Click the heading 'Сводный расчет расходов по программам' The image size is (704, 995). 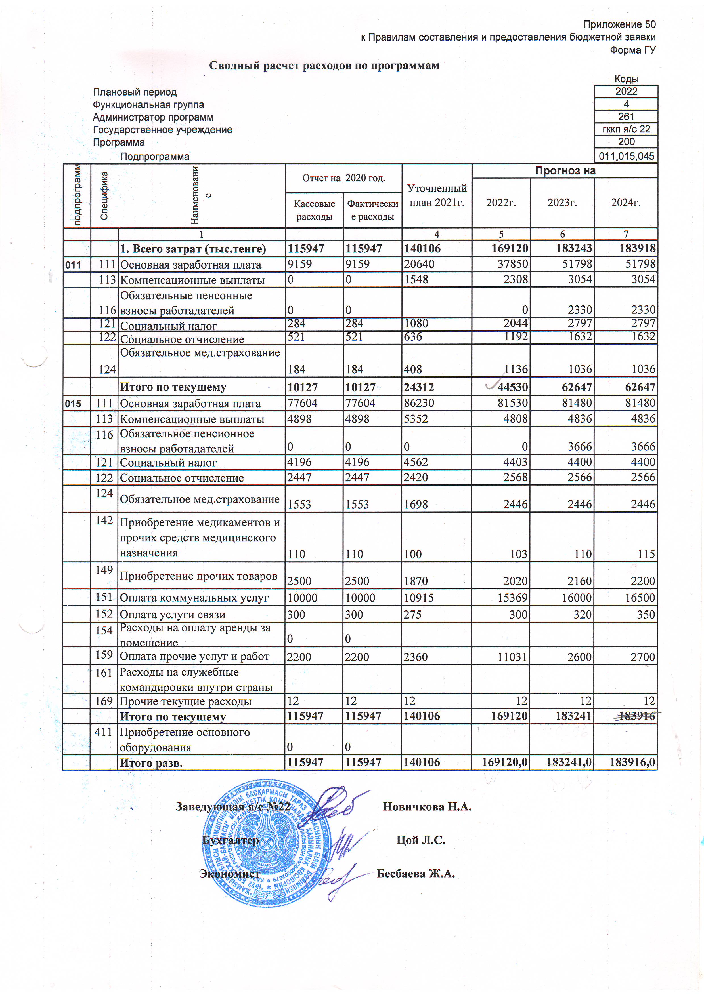324,66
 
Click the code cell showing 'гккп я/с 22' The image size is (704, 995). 626,129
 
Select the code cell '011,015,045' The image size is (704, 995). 626,156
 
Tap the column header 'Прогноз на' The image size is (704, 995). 565,171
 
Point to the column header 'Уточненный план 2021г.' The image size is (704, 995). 437,195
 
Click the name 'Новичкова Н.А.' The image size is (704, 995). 427,807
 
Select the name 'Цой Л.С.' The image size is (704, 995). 421,840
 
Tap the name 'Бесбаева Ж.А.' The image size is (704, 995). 416,874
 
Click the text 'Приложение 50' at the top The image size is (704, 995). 619,24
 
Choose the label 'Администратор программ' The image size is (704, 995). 153,117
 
